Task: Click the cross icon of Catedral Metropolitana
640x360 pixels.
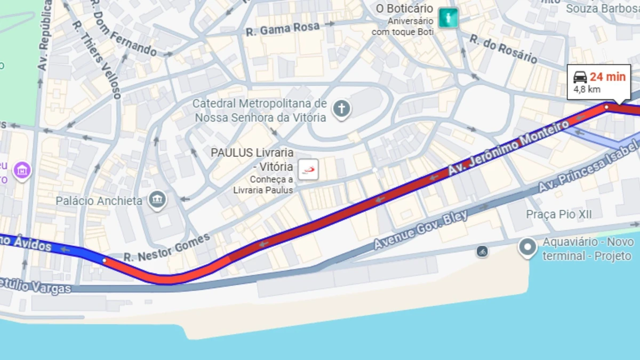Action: coord(341,109)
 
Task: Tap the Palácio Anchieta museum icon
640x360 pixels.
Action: coord(158,200)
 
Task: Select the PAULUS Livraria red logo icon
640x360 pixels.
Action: coord(308,170)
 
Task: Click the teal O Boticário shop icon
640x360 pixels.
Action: coord(448,18)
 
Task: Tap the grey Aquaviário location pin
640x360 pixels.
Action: coord(528,247)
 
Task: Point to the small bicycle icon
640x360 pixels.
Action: coord(482,251)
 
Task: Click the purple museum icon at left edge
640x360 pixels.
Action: coord(22,171)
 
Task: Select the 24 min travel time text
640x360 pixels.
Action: coord(607,77)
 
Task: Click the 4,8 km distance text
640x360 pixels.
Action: coord(587,90)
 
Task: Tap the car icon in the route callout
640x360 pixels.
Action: coord(580,77)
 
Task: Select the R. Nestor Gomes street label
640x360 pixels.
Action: coord(167,248)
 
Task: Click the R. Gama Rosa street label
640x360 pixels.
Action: coord(283,29)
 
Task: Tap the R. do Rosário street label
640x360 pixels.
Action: coord(503,49)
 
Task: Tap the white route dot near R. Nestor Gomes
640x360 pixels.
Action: coord(104,260)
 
